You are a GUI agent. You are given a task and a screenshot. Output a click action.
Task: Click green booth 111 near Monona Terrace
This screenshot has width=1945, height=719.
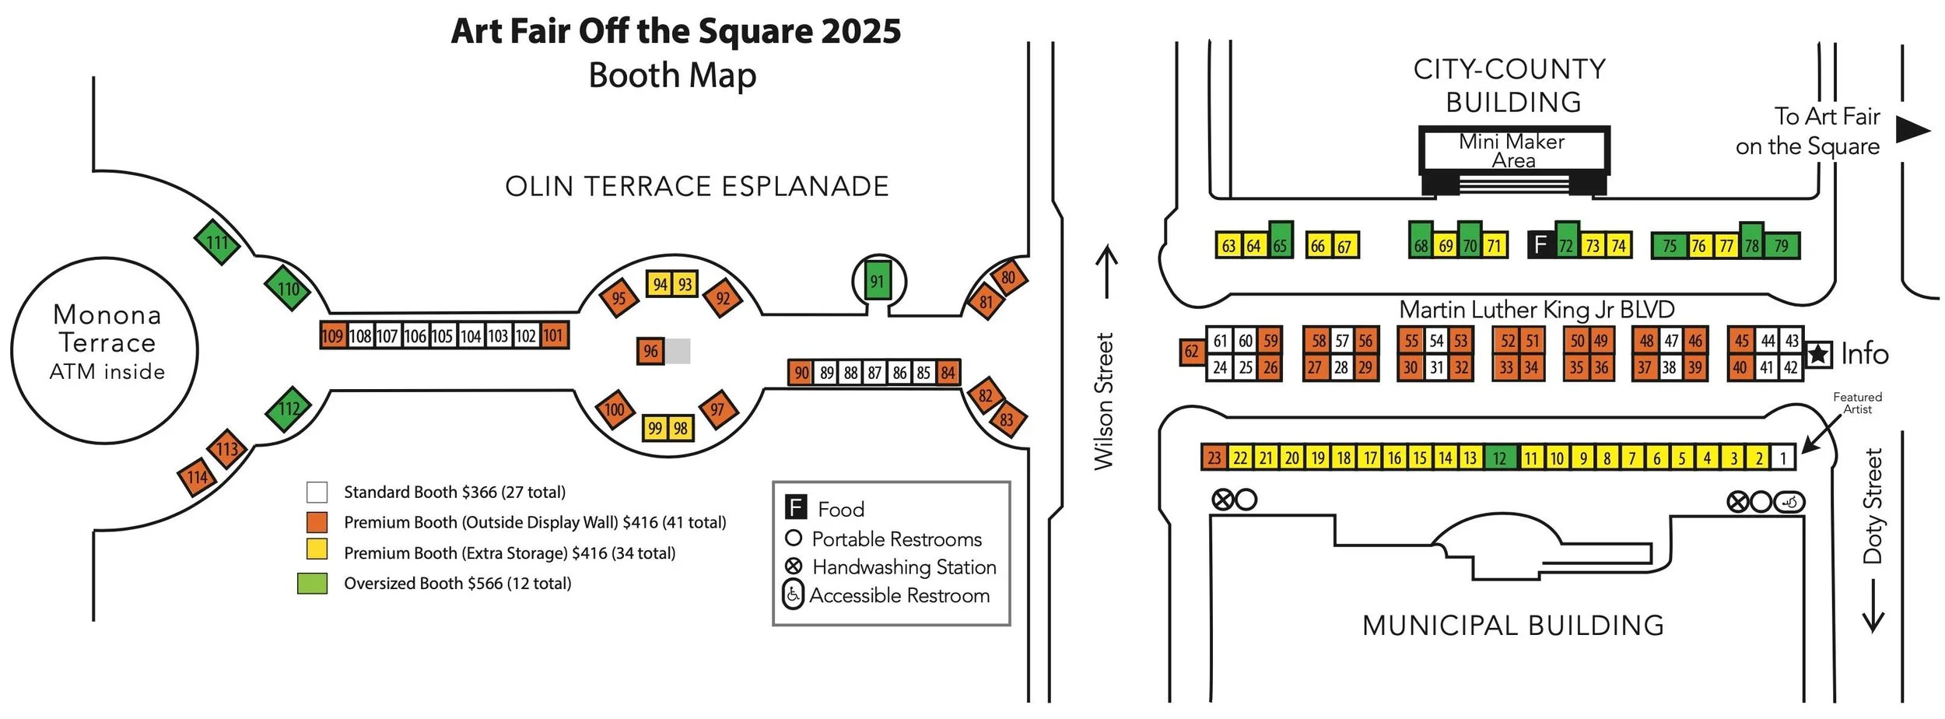tap(217, 243)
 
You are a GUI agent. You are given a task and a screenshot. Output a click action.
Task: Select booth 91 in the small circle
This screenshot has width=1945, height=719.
tap(878, 281)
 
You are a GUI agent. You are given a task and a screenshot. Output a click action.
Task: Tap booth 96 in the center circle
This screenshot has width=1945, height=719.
tap(650, 352)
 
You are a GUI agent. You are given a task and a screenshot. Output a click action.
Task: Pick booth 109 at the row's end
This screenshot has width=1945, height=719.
tap(332, 336)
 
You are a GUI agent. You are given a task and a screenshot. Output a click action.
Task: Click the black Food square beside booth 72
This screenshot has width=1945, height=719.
tap(1540, 245)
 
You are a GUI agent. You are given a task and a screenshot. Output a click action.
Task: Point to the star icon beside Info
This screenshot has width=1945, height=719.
tap(1818, 355)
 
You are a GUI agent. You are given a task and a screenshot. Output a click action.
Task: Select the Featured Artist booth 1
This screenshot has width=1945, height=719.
tap(1782, 458)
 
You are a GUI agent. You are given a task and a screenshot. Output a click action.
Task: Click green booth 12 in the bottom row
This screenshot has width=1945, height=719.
tap(1499, 458)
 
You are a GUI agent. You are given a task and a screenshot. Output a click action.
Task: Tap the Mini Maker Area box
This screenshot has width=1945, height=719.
tap(1512, 151)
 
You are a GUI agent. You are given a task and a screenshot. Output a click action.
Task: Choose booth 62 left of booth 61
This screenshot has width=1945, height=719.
tap(1191, 352)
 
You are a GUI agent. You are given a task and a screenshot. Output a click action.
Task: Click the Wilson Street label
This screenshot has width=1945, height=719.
tap(1104, 402)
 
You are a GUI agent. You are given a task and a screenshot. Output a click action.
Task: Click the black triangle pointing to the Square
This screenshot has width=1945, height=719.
tap(1912, 130)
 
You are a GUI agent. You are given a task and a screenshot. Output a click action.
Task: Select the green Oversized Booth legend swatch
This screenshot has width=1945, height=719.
tap(312, 584)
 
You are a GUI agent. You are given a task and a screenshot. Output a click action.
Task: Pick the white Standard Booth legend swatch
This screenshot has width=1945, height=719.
tap(317, 493)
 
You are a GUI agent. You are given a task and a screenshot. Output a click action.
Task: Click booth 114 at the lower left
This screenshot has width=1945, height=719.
tap(198, 477)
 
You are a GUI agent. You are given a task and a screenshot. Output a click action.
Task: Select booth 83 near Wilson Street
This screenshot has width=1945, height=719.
tap(1007, 420)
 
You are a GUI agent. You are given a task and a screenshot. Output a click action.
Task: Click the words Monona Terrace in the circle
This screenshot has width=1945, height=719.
tap(107, 328)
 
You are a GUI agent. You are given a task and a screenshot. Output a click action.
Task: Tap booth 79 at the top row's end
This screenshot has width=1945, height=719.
tap(1781, 246)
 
